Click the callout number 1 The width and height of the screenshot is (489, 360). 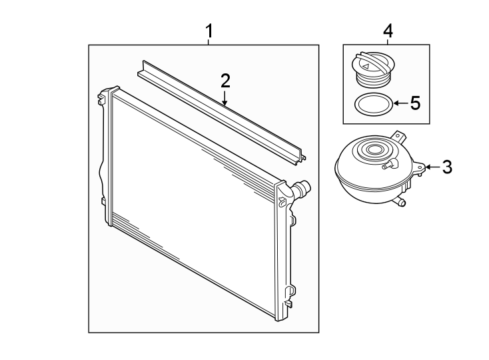(x=209, y=31)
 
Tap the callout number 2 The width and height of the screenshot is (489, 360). (x=225, y=81)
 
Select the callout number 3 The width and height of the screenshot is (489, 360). (x=446, y=167)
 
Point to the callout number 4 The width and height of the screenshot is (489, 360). (x=388, y=31)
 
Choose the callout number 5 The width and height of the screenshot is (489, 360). (x=414, y=103)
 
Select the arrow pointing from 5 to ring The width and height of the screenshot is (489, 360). (x=397, y=103)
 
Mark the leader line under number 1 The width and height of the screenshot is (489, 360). (x=209, y=41)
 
